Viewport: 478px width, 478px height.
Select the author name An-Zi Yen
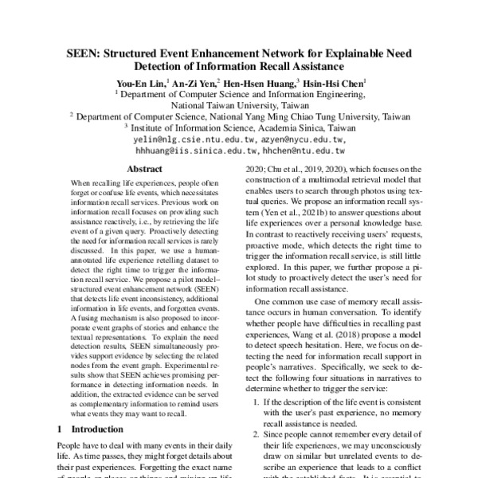(194, 81)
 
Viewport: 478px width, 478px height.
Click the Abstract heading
(145, 169)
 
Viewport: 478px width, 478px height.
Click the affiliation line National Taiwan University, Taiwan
(239, 104)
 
